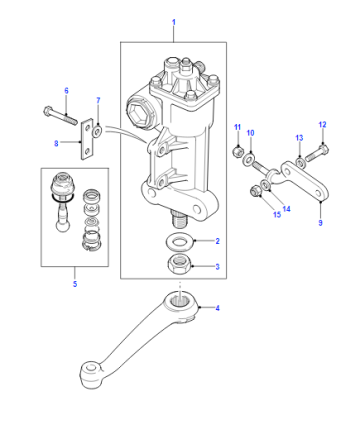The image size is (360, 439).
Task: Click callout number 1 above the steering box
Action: coord(174,22)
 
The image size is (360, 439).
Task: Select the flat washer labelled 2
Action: coord(179,241)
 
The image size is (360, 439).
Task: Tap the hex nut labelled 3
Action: coord(180,264)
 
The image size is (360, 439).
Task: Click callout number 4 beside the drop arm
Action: coord(217,308)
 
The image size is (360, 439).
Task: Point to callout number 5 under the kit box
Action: coord(75,284)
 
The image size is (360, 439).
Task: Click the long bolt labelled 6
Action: coord(60,115)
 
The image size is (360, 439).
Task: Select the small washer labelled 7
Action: coord(98,131)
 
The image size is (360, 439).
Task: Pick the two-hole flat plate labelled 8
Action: coord(87,139)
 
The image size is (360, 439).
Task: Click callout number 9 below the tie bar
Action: coord(320,223)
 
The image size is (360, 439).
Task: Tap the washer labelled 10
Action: coord(248,160)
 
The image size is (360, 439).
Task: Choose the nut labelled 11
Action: coord(237,152)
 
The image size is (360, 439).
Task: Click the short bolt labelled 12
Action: coord(317,153)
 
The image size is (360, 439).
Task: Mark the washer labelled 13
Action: coord(300,163)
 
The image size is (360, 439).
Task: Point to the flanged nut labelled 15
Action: coord(255,191)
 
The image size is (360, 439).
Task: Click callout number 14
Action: coord(286,209)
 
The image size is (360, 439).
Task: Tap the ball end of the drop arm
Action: coord(91,374)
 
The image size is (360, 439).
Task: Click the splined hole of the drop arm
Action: coord(181,302)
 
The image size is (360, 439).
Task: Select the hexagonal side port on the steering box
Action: coord(140,112)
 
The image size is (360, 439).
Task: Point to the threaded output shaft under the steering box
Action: coord(180,218)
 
